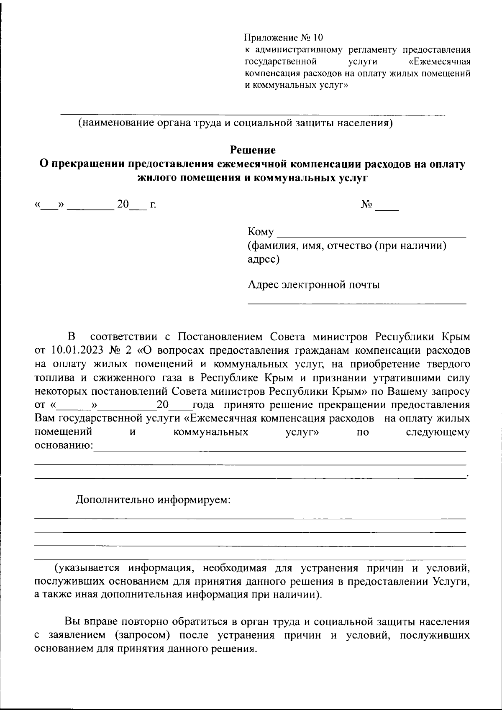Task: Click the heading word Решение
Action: tap(253, 150)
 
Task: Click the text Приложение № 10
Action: tap(284, 38)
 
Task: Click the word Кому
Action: tap(261, 232)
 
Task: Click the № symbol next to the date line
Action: tap(367, 205)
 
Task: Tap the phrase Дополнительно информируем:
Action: tap(153, 500)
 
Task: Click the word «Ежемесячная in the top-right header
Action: tap(439, 62)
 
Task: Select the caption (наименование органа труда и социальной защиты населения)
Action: tap(236, 123)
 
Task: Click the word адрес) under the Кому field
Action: tap(264, 259)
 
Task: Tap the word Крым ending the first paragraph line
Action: tap(456, 337)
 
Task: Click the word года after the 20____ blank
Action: tap(204, 405)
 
